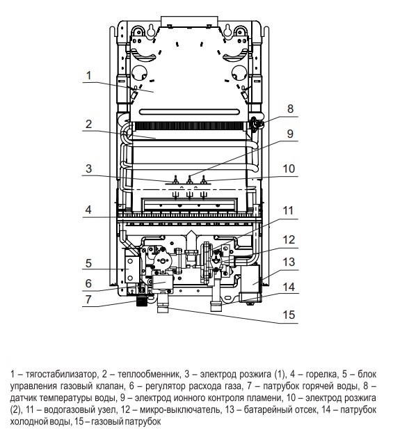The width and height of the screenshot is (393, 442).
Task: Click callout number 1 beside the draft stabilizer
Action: click(x=89, y=76)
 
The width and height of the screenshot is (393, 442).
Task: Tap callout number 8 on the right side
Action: click(x=291, y=109)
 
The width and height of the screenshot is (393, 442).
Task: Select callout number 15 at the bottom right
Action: click(x=289, y=315)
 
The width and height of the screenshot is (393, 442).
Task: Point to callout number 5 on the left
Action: click(x=89, y=263)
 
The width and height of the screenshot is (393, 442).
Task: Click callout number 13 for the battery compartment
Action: click(x=289, y=262)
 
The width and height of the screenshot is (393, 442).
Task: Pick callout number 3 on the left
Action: click(x=89, y=168)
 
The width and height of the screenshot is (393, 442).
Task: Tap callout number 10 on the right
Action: click(x=289, y=168)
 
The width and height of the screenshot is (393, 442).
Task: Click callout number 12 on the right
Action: click(x=289, y=240)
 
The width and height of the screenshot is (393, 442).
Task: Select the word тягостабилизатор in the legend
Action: click(x=61, y=374)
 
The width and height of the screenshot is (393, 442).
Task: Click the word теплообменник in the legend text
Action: click(x=148, y=374)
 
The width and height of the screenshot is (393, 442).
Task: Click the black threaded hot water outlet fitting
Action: click(x=142, y=301)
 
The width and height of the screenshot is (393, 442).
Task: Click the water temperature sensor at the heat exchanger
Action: click(x=256, y=124)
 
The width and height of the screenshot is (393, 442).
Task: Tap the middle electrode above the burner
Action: click(x=190, y=180)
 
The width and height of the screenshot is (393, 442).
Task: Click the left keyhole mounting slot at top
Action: click(x=151, y=30)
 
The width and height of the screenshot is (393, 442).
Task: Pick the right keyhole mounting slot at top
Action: click(x=228, y=30)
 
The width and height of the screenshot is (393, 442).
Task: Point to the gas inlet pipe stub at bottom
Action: click(x=163, y=303)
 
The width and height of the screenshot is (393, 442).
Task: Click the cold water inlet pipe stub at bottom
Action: click(x=216, y=301)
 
